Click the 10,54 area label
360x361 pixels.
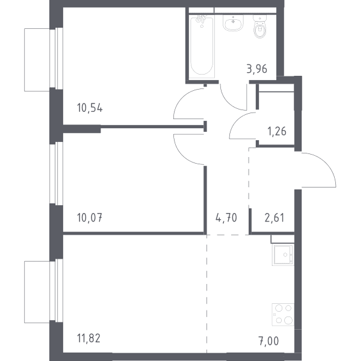click(90, 108)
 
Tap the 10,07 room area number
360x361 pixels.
click(90, 218)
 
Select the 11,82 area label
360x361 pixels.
click(88, 338)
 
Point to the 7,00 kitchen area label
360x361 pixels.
click(268, 341)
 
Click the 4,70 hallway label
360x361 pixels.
click(226, 218)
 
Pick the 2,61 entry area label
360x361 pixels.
click(275, 218)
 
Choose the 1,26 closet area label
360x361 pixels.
click(276, 131)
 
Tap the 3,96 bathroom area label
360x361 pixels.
click(257, 69)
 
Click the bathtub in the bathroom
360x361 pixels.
click(202, 46)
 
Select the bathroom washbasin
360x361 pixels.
click(234, 23)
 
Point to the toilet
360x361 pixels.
click(261, 26)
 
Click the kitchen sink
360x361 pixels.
click(283, 255)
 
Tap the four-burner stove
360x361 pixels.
click(283, 315)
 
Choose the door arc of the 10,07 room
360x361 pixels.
click(182, 155)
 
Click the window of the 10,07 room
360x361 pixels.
click(56, 173)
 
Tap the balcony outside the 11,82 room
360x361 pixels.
click(37, 292)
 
